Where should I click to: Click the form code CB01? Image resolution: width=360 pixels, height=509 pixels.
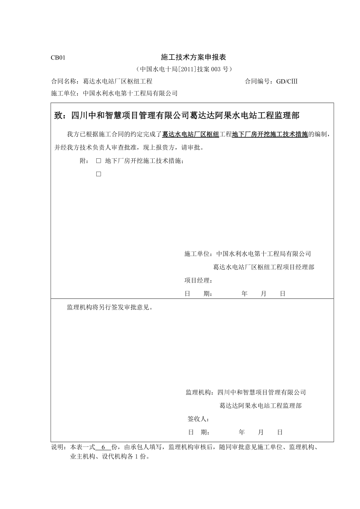[58, 58]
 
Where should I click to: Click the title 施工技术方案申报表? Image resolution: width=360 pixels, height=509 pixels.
[194, 57]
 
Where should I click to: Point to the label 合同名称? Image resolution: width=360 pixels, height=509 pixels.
[65, 81]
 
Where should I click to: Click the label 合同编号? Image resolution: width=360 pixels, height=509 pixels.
[259, 81]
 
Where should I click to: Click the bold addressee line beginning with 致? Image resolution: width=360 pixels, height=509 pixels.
[176, 115]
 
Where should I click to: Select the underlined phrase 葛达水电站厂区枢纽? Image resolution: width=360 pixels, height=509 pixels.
[191, 134]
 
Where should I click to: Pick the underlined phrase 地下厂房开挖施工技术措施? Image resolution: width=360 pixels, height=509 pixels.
[270, 134]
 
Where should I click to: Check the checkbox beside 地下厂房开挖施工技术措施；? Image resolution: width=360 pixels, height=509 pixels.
[99, 161]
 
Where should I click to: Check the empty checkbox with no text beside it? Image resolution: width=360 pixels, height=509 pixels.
[99, 174]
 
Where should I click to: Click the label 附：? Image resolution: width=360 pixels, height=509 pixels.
[84, 161]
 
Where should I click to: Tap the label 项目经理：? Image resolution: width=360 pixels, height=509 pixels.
[198, 280]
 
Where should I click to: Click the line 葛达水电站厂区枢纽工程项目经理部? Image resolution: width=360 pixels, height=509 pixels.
[263, 267]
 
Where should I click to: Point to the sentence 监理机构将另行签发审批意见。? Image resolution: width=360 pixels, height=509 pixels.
[110, 307]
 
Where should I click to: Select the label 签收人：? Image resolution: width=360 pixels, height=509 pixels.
[199, 419]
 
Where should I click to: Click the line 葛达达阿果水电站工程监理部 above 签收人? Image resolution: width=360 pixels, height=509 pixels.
[260, 406]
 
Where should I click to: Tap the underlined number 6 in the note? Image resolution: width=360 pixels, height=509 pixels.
[103, 447]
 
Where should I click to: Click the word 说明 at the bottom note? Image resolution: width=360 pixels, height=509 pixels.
[59, 447]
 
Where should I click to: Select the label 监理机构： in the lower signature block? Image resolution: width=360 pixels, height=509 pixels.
[201, 393]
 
